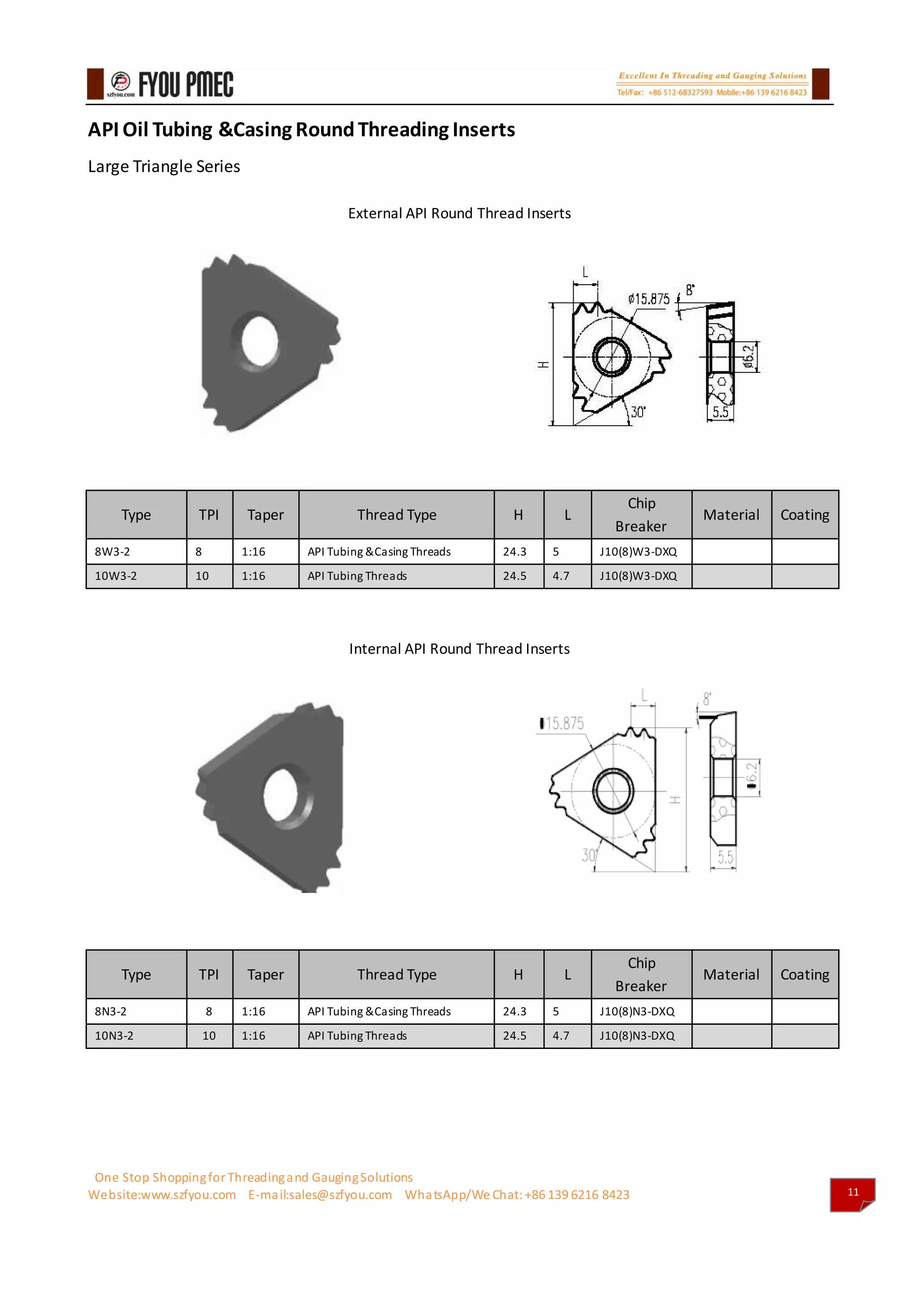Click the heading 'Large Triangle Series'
point(164,166)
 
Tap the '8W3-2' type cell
point(112,551)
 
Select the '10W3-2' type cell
point(116,576)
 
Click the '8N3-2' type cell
point(111,1011)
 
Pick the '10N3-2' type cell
point(114,1035)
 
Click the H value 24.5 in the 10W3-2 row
point(514,576)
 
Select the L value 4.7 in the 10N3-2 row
point(561,1035)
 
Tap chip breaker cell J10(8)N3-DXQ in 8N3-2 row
point(637,1011)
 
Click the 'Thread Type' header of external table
point(396,515)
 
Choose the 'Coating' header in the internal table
point(805,974)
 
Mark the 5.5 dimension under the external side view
point(720,412)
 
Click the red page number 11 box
point(852,1192)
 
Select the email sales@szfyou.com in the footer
point(320,1194)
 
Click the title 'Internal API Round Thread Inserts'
point(459,648)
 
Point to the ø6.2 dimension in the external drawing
point(749,357)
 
